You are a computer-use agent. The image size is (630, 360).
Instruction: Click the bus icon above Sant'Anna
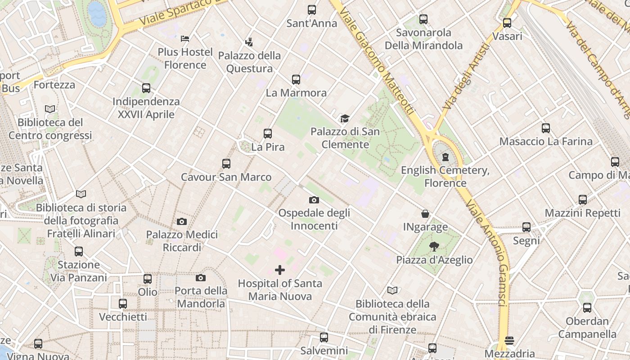pos(312,10)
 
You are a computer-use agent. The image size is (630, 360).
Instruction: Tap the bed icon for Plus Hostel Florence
pos(185,39)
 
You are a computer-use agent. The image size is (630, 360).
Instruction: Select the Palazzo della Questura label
pos(249,62)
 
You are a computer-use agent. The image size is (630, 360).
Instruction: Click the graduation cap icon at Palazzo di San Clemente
pos(345,118)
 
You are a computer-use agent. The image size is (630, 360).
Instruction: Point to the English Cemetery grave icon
pos(445,157)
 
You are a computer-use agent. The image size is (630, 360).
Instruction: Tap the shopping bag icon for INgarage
pos(425,214)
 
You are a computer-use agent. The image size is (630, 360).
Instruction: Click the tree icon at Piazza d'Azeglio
pos(434,247)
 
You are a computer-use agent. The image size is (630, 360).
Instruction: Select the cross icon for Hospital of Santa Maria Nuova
pos(280,270)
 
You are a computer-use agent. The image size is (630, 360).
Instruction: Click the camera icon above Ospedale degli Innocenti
pos(314,200)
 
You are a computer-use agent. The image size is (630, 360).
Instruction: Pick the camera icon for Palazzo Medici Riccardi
pos(182,221)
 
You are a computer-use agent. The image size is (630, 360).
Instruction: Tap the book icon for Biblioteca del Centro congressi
pos(50,109)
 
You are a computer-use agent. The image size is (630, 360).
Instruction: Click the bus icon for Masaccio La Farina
pos(546,128)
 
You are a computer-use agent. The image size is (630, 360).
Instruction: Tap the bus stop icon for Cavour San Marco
pos(226,164)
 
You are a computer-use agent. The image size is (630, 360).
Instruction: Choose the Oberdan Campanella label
pos(587,328)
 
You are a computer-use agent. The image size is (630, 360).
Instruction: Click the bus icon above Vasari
pos(507,23)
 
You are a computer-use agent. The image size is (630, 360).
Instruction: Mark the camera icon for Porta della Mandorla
pos(201,278)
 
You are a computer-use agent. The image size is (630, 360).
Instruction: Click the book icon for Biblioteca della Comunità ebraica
pos(392,290)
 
